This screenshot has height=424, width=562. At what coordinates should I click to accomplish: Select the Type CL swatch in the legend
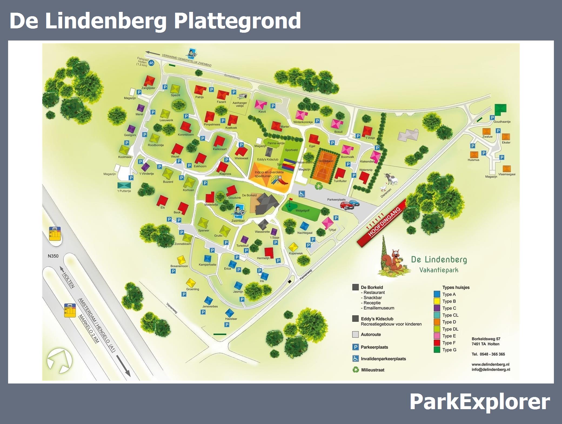pyautogui.click(x=437, y=315)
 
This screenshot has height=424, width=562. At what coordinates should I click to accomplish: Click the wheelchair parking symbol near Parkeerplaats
pyautogui.click(x=302, y=194)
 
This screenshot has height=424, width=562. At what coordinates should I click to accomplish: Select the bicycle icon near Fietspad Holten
pyautogui.click(x=151, y=63)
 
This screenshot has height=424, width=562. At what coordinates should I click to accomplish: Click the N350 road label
pyautogui.click(x=53, y=256)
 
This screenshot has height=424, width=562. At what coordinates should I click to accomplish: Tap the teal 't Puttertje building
pyautogui.click(x=124, y=185)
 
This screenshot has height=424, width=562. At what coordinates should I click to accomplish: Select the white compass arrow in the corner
pyautogui.click(x=59, y=361)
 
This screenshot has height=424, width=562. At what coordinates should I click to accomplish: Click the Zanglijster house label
pyautogui.click(x=148, y=88)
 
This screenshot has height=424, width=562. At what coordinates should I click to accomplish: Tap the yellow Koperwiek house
pyautogui.click(x=293, y=247)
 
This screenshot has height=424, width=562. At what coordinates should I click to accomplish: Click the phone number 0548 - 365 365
pyautogui.click(x=488, y=354)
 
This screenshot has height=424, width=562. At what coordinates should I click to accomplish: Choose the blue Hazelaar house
pyautogui.click(x=229, y=313)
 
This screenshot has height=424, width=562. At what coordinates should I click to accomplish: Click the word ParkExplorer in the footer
pyautogui.click(x=480, y=402)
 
